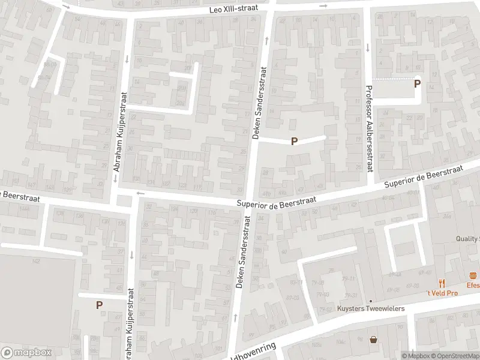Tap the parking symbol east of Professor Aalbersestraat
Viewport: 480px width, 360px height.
(417, 85)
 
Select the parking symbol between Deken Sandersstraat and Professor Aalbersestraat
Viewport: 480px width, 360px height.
(294, 142)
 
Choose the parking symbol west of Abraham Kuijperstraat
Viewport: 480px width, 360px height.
(99, 305)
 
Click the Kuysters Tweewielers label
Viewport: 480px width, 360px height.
(371, 308)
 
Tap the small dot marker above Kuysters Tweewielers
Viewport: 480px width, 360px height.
(371, 301)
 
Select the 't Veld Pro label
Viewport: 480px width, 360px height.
(442, 293)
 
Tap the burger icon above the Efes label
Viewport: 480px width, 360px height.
(473, 277)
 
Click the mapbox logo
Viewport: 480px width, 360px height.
(26, 353)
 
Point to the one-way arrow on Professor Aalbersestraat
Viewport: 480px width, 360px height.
(366, 48)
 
